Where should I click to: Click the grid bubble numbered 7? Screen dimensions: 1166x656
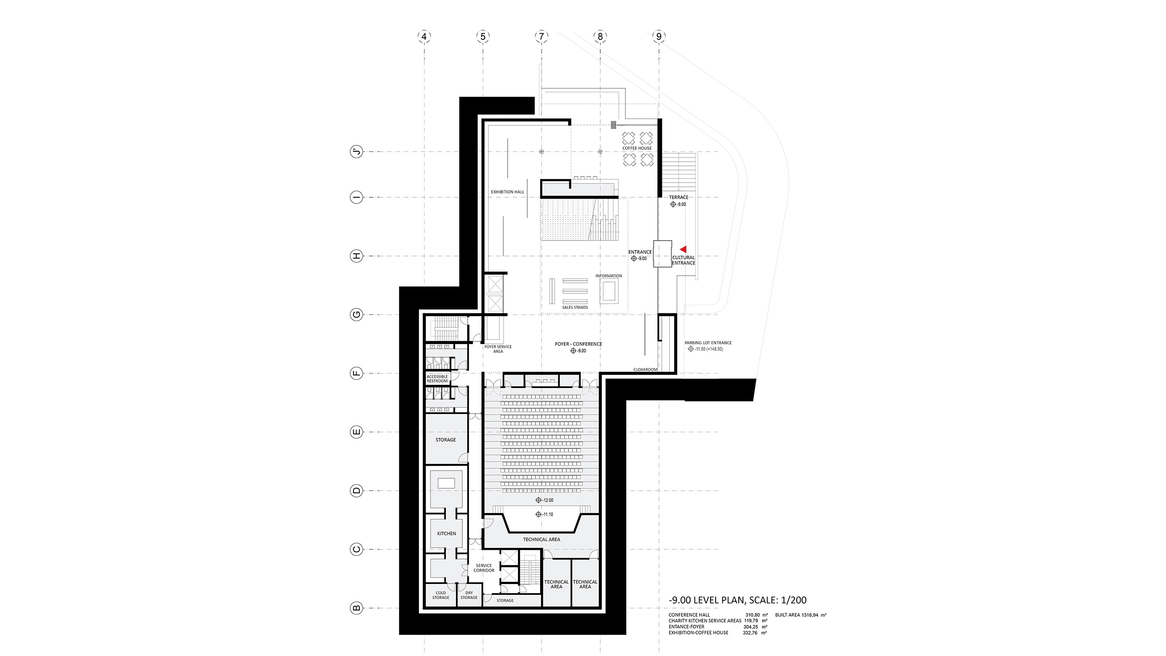(x=542, y=36)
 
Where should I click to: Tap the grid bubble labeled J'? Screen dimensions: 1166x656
(x=357, y=152)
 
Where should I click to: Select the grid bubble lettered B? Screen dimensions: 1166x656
(x=357, y=608)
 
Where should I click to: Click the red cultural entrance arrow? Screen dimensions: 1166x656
(x=683, y=250)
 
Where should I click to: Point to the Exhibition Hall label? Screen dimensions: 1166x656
(x=507, y=192)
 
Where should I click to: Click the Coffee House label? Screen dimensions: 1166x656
(x=637, y=148)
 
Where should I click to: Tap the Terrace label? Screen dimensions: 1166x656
(x=679, y=197)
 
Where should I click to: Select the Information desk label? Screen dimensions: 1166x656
(x=609, y=276)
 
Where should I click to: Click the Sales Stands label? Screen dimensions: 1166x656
(x=575, y=307)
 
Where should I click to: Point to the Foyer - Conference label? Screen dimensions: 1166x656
(x=578, y=344)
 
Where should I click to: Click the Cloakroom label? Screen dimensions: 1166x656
(x=645, y=369)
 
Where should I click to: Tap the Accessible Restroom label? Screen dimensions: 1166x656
(x=437, y=379)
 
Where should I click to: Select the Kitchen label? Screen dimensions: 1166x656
(x=446, y=533)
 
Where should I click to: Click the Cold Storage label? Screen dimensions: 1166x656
(x=440, y=595)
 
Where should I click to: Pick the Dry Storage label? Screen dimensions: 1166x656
(x=469, y=595)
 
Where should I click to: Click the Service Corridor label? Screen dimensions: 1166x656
(x=484, y=568)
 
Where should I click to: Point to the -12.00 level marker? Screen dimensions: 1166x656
(x=544, y=500)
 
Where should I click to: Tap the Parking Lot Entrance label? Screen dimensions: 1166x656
(x=708, y=343)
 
